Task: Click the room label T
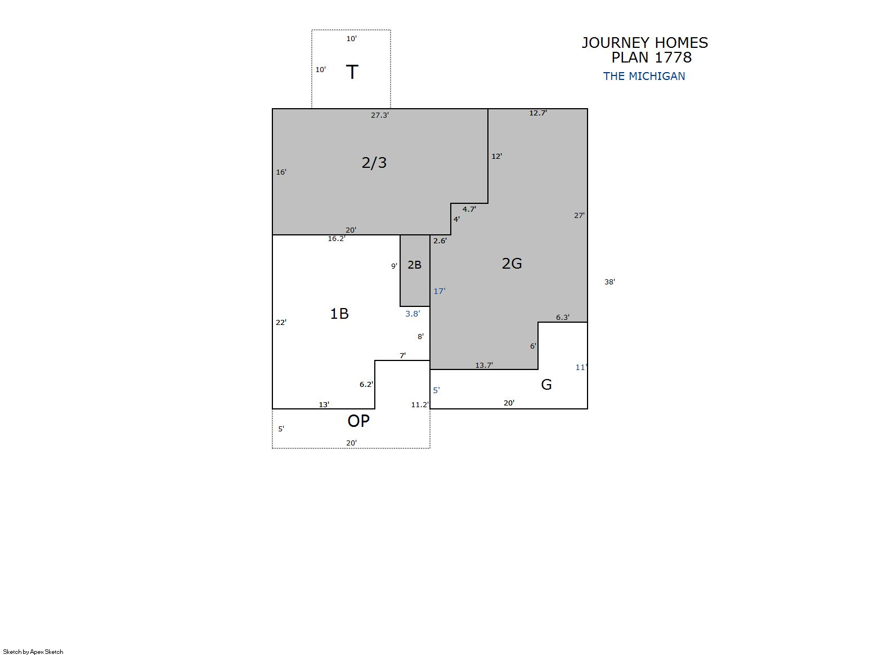tap(352, 72)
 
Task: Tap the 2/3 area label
tap(374, 163)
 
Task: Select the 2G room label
tap(512, 264)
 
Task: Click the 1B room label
tap(339, 314)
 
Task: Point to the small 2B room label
tap(415, 265)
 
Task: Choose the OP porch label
tap(358, 421)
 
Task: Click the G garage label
tap(546, 385)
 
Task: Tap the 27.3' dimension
tap(380, 115)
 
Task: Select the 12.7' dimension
tap(538, 113)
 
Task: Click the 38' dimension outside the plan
tap(609, 282)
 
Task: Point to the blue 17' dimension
tap(440, 291)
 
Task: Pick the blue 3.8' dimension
tap(413, 314)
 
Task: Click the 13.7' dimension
tap(484, 365)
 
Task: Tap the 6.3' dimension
tap(563, 317)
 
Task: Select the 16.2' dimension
tap(337, 239)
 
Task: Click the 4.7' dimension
tap(469, 209)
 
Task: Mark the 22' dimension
tap(281, 322)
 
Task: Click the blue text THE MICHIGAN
tap(644, 76)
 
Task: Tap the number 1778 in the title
tap(673, 57)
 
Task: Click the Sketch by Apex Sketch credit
tap(33, 652)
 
